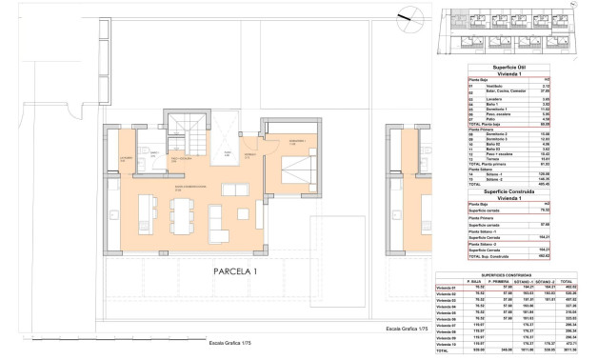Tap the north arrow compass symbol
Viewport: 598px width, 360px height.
click(408, 14)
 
